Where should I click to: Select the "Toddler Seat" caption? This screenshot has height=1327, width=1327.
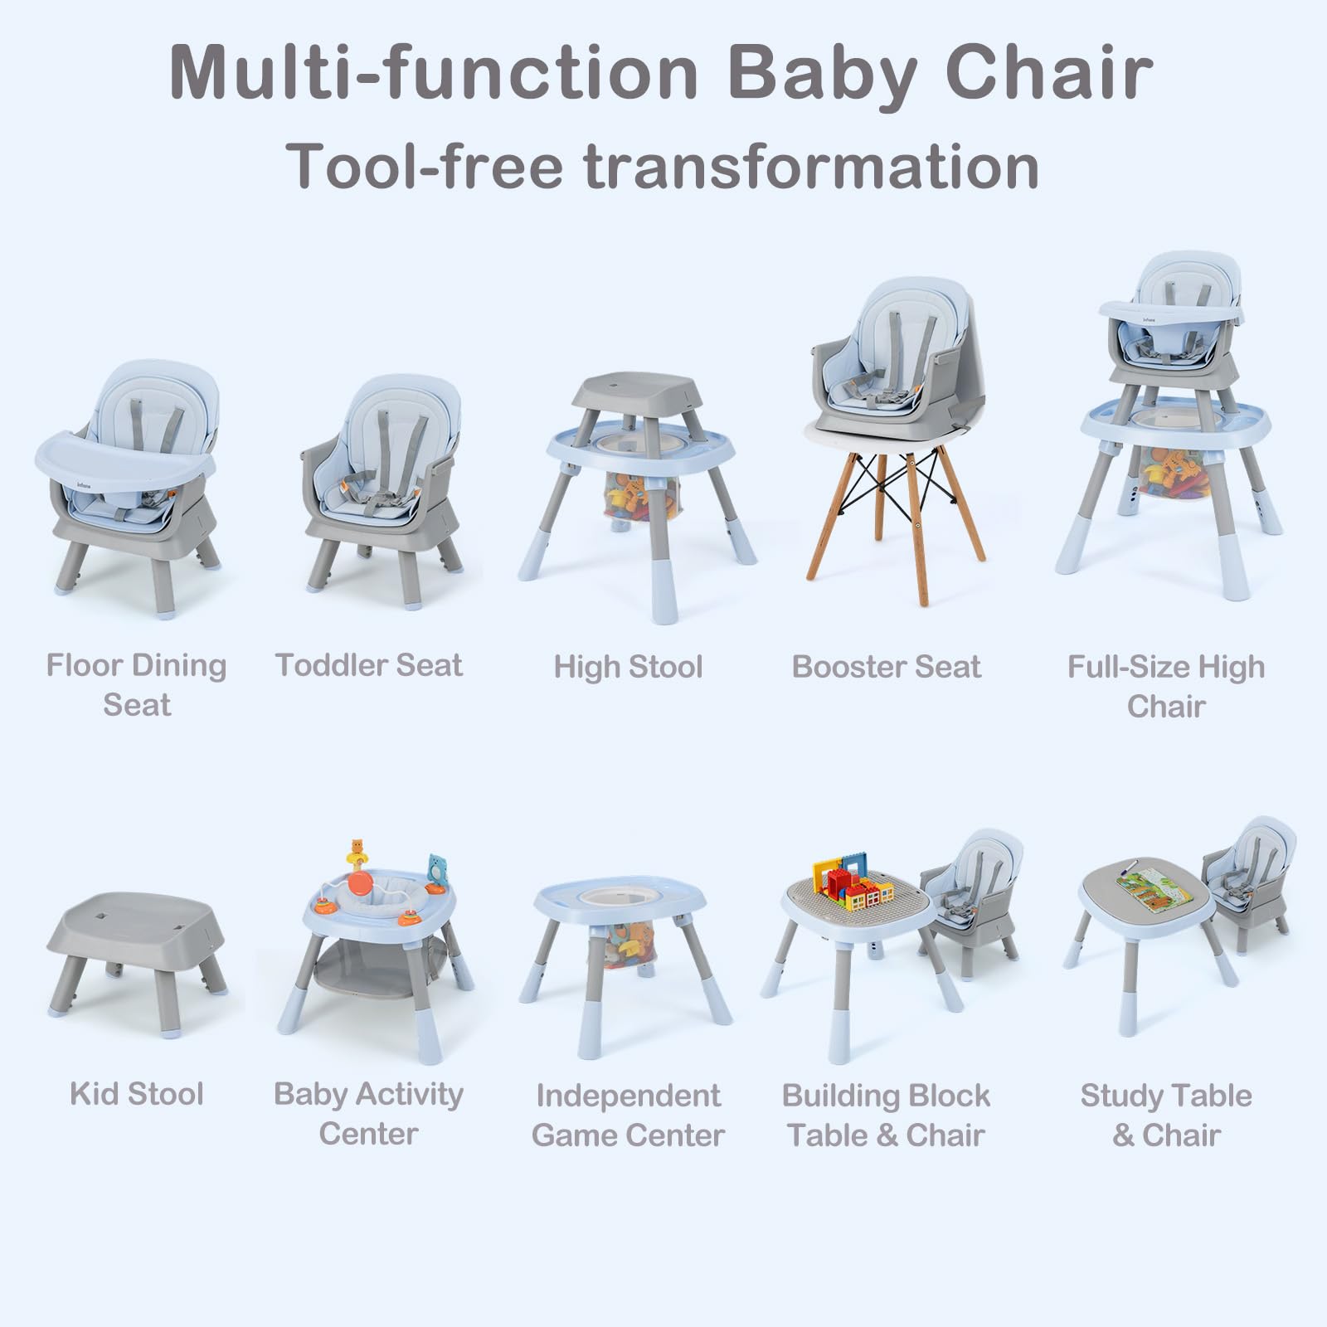[x=368, y=665]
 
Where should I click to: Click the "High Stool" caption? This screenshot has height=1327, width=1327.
[x=628, y=667]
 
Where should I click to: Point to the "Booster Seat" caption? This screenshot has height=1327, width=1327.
[x=886, y=667]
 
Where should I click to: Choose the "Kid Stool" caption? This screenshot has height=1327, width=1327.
[x=137, y=1094]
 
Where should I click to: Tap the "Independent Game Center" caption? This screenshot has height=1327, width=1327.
[x=628, y=1115]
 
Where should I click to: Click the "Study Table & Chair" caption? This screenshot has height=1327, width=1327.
[x=1165, y=1115]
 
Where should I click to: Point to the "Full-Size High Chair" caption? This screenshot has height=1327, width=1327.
[x=1165, y=687]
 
